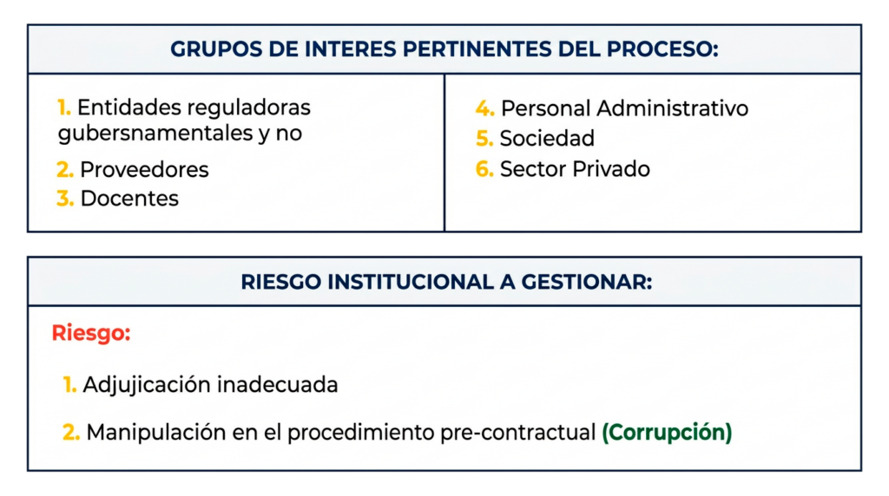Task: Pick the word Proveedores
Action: [144, 169]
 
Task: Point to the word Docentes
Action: [129, 199]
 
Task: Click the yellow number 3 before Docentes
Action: [65, 199]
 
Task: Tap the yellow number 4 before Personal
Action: [484, 108]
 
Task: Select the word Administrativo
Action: [673, 108]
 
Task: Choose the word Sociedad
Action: [547, 139]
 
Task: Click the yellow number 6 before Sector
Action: [484, 169]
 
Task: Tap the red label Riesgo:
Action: [91, 333]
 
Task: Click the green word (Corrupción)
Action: [667, 432]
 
